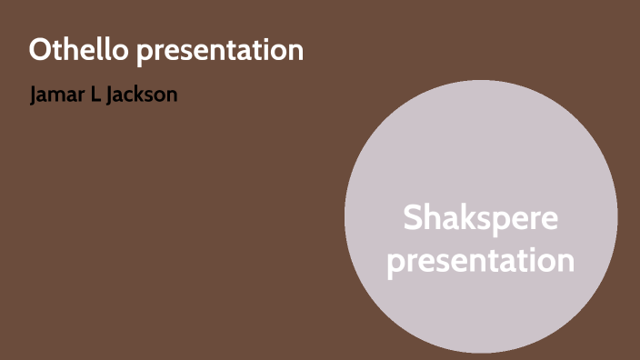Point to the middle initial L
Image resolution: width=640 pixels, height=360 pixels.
point(96,95)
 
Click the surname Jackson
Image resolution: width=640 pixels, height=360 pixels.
point(141,95)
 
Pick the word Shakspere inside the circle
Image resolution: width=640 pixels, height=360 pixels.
point(481,219)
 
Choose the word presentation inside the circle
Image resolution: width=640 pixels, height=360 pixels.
point(481,261)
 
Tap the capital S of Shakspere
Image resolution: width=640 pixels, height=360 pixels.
point(414,219)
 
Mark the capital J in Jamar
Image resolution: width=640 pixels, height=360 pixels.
point(35,95)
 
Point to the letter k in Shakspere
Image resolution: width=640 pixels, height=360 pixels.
point(468,219)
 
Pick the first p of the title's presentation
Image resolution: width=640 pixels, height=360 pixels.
point(145,54)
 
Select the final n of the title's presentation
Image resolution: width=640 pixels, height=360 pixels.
point(296,52)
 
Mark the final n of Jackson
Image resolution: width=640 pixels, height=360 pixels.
point(172,95)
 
